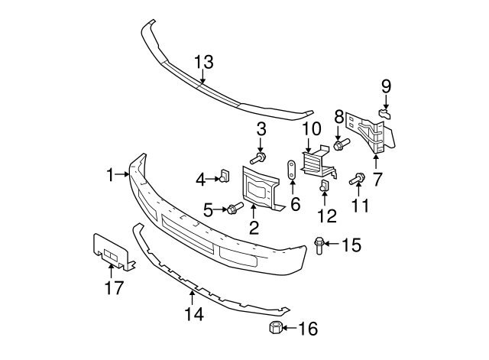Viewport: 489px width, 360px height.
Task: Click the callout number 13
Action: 203,61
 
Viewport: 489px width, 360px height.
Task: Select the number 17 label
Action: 112,289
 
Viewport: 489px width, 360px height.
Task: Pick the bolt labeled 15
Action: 319,245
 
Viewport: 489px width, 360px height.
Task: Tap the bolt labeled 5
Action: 232,207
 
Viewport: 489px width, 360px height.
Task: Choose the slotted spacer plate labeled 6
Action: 292,172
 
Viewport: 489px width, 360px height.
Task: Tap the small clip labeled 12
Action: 323,186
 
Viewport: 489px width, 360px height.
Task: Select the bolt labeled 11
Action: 355,180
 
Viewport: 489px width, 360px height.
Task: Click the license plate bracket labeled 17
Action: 112,251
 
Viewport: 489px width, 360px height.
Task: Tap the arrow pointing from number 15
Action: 331,245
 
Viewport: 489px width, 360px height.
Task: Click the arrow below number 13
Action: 203,75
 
